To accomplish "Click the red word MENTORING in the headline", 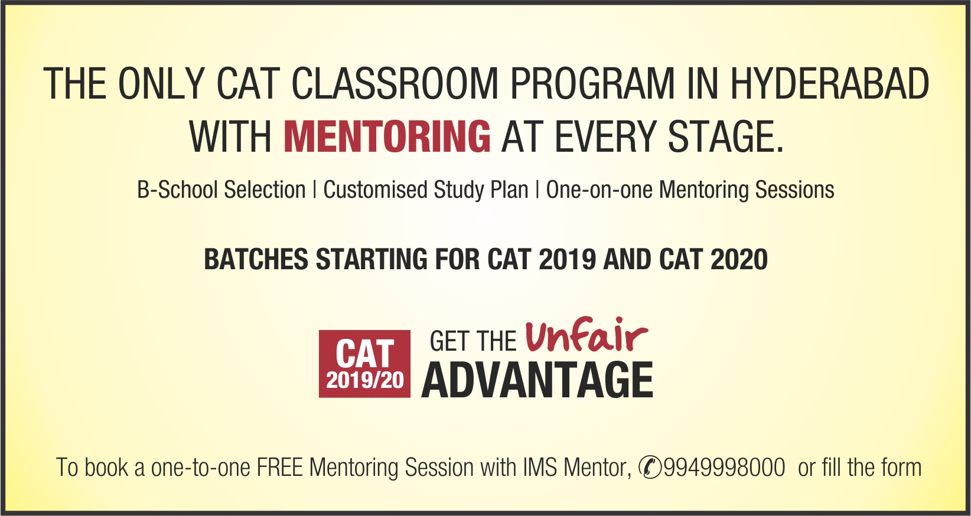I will [x=387, y=136].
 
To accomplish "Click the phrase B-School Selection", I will [x=221, y=190].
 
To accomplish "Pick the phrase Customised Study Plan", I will [x=425, y=190].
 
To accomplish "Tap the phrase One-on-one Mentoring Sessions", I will [x=690, y=190].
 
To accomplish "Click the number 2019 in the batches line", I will [x=567, y=260].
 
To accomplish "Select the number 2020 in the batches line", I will [x=739, y=260].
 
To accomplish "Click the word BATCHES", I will [x=256, y=260].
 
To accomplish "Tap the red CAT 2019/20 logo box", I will [x=364, y=364].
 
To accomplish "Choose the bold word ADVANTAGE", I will [x=537, y=380].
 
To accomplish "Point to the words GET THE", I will [x=473, y=342].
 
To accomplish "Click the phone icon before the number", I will [x=650, y=467].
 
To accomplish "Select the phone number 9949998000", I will [x=725, y=468].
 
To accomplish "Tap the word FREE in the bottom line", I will [x=279, y=468].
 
